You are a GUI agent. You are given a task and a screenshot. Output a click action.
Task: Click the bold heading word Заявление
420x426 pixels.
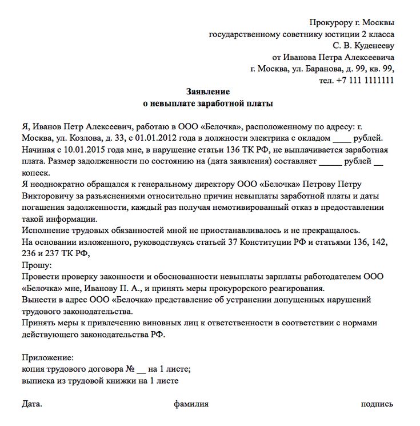(208, 91)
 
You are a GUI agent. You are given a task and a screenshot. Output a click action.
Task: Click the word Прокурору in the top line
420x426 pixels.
(330, 22)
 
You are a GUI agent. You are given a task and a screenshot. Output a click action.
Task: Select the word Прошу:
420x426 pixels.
(37, 265)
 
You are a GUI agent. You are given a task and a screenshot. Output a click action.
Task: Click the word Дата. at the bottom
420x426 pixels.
(32, 404)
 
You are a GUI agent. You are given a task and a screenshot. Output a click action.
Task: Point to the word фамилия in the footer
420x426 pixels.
(191, 404)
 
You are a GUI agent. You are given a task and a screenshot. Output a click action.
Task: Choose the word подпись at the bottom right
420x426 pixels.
(377, 404)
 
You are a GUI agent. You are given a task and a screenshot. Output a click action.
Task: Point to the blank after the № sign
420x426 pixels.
(142, 369)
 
